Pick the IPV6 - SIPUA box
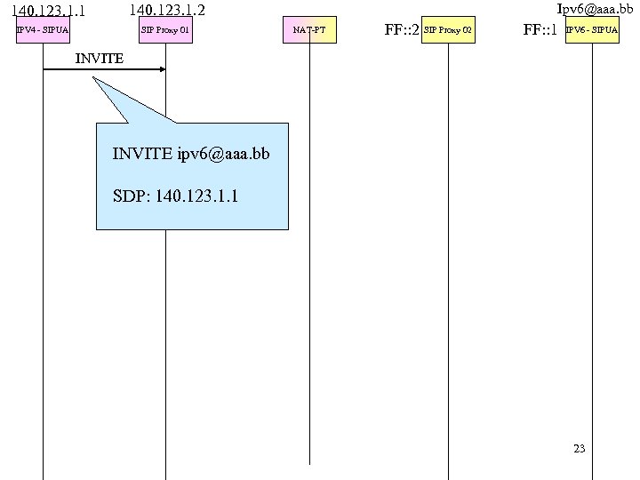pos(592,31)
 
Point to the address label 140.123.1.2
pos(167,11)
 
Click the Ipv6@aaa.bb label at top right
pos(595,8)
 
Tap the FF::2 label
pos(402,31)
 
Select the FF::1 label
pos(540,31)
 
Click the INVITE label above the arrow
pos(100,58)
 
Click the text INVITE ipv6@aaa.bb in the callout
pos(190,154)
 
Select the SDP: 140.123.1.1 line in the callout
pos(176,195)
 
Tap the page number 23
pos(580,448)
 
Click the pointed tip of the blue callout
pos(92,77)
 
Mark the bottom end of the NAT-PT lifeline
pos(309,462)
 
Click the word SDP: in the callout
pos(132,195)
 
